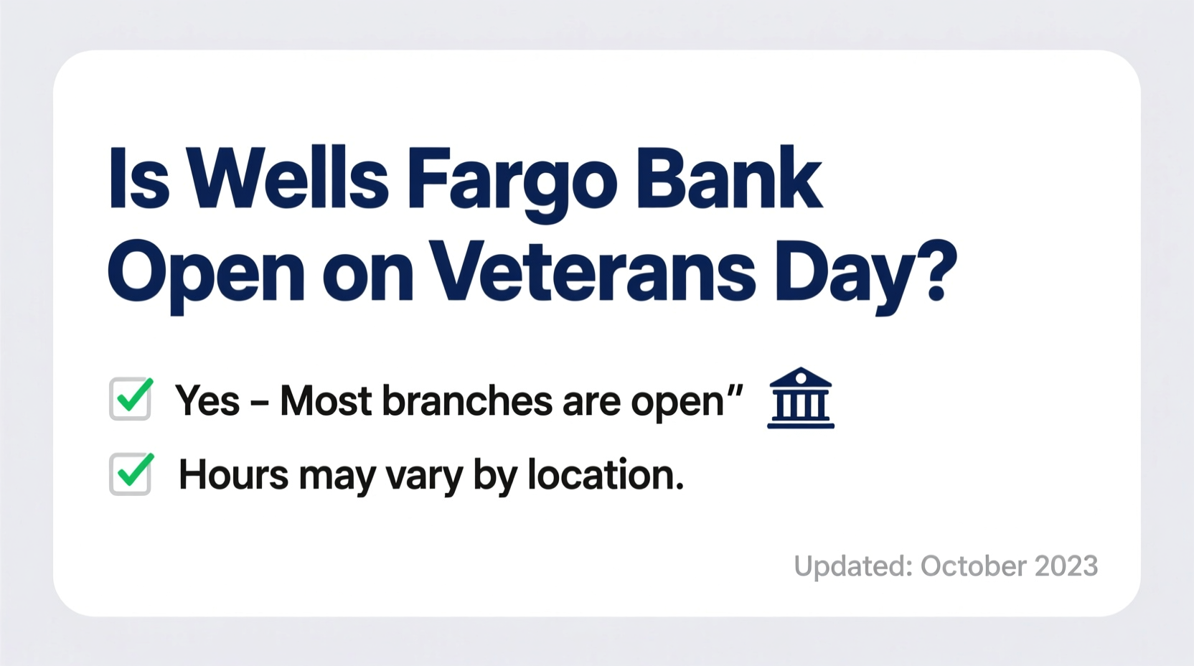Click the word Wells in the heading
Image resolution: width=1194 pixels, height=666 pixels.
(x=288, y=179)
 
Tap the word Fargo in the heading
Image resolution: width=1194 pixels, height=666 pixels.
(x=511, y=181)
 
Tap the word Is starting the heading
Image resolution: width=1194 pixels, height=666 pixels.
(x=138, y=179)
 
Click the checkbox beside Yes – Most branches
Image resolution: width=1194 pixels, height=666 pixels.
(x=131, y=398)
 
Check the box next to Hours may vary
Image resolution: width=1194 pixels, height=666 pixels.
(x=131, y=474)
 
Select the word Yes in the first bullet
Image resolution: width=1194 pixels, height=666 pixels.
(x=207, y=400)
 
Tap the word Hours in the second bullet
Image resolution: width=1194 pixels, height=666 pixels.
(x=233, y=475)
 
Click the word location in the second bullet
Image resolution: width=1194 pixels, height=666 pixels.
(x=605, y=475)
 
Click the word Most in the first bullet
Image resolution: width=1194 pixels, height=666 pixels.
(x=326, y=400)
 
